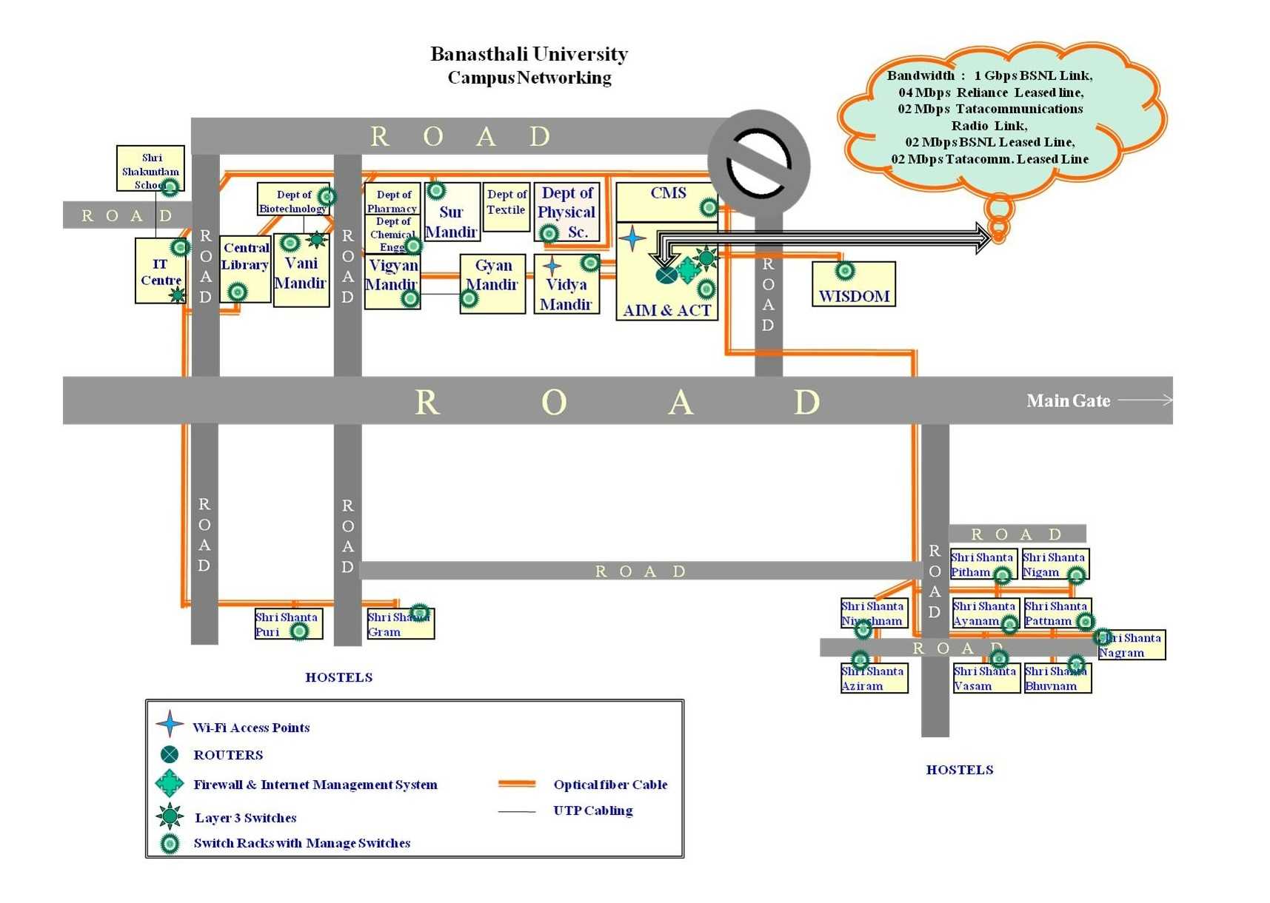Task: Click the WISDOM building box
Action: (x=853, y=285)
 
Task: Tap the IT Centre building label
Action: (x=161, y=272)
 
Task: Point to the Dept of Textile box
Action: (x=507, y=207)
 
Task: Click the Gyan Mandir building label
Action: (x=492, y=275)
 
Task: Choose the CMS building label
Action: (x=668, y=193)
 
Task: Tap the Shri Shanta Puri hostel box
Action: (x=288, y=624)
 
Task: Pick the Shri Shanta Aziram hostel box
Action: (x=874, y=679)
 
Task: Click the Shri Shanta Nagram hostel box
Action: (x=1131, y=645)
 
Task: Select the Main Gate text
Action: (x=1068, y=401)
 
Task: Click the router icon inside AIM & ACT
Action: (x=666, y=275)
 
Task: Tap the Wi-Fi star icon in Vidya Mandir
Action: (x=552, y=265)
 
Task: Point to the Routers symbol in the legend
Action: (x=170, y=754)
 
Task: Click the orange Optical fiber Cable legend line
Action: (x=517, y=783)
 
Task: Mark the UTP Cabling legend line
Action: (x=517, y=811)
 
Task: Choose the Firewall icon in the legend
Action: (x=170, y=783)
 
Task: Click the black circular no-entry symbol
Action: (x=759, y=164)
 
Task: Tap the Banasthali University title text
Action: (x=529, y=54)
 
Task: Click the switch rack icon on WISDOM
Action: (x=845, y=271)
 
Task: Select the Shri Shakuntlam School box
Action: (x=150, y=169)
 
